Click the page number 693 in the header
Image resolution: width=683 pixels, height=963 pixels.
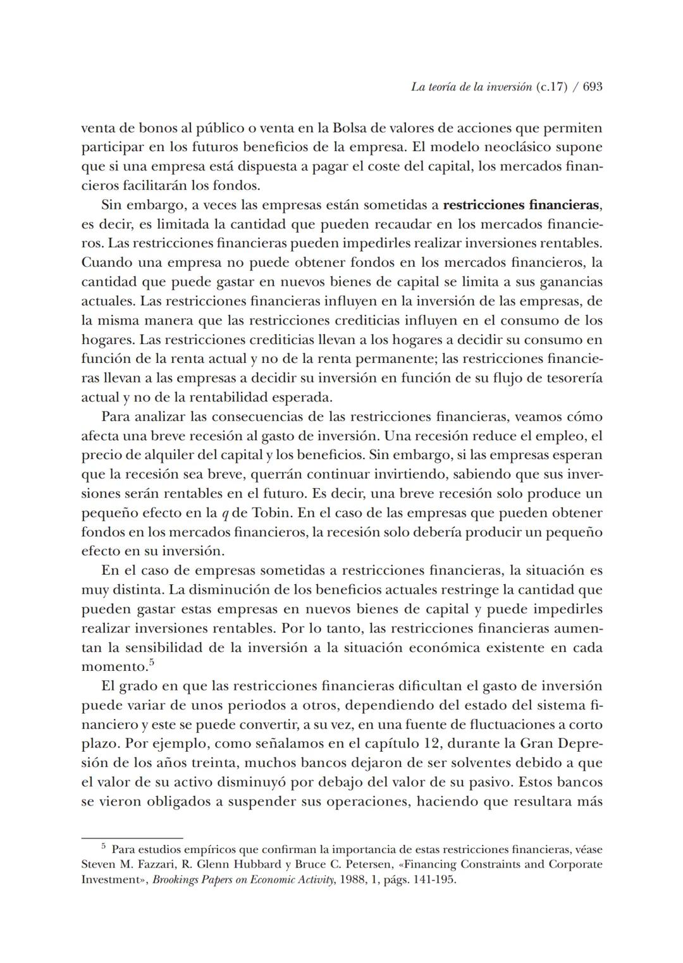click(592, 87)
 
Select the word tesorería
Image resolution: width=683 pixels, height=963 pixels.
click(572, 378)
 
